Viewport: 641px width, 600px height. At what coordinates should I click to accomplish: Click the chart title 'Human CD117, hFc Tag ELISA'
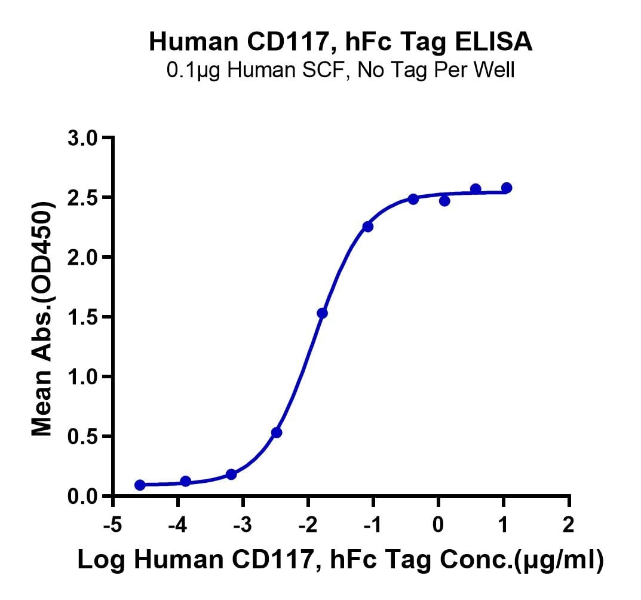point(341,42)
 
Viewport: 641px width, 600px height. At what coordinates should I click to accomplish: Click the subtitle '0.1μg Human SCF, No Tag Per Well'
point(341,71)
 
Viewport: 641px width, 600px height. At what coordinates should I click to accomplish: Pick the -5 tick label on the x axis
point(113,526)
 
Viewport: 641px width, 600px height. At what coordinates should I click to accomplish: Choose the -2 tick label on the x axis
point(308,526)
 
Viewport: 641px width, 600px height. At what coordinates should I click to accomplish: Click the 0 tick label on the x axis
point(438,526)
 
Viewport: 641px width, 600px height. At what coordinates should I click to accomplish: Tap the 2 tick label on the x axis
point(569,526)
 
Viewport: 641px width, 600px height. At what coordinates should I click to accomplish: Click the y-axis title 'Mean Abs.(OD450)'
point(43,317)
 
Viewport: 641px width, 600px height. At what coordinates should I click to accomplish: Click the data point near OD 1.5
point(322,313)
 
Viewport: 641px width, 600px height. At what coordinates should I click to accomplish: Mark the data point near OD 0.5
point(277,432)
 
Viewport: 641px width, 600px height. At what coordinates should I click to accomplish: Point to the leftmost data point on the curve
point(140,485)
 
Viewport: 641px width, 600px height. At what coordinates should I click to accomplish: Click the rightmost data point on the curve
point(507,188)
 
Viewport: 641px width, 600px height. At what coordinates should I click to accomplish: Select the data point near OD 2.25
point(368,226)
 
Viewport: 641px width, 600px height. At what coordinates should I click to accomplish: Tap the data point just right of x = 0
point(444,201)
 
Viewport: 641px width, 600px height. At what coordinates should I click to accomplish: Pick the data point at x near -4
point(185,481)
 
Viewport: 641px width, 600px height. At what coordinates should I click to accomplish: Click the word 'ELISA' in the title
point(499,42)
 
